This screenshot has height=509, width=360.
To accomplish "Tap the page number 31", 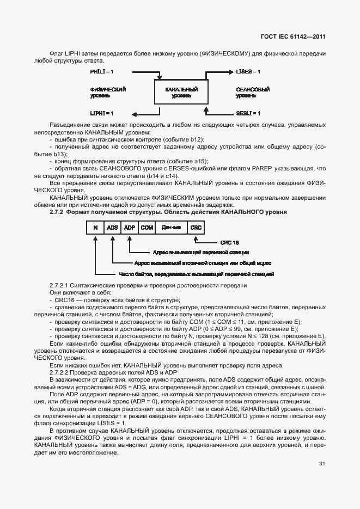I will point(322,464).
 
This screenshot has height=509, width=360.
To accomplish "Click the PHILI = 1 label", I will point(102,72).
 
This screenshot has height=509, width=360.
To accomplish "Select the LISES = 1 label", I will point(248,72).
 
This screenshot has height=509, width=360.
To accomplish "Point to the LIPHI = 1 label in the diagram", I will point(102,113).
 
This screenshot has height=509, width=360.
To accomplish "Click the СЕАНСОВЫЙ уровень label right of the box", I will point(253,92).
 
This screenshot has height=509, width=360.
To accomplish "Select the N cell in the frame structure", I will point(95,228).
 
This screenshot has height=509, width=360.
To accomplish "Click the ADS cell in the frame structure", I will point(113,228).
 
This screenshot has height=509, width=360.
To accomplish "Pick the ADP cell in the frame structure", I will point(130,228).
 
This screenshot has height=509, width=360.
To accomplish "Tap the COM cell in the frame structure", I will point(147,228).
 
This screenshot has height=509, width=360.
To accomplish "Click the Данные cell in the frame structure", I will point(171,228).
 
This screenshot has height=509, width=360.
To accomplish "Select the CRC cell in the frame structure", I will point(196,228).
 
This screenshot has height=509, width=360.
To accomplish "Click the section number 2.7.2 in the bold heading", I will point(57,211).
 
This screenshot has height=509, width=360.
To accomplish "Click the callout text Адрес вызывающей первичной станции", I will point(201,253).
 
